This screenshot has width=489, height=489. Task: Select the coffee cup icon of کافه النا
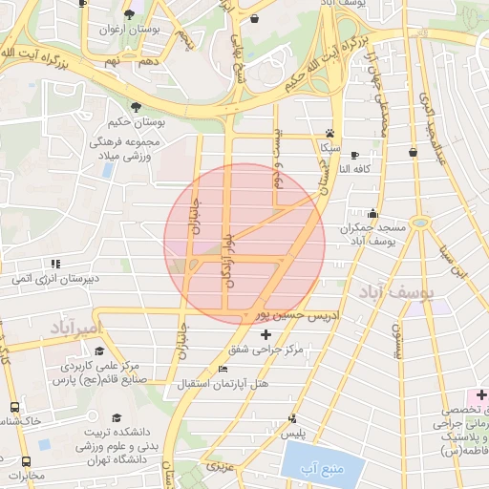click(354, 155)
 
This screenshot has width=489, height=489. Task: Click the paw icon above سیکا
click(330, 134)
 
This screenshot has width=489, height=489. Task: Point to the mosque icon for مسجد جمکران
click(372, 214)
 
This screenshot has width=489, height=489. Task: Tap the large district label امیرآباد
click(73, 329)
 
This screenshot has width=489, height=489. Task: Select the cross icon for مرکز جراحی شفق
click(266, 333)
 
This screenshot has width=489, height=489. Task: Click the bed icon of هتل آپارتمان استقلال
click(223, 370)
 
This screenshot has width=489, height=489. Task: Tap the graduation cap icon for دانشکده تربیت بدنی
click(117, 417)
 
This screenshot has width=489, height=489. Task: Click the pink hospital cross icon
click(481, 394)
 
